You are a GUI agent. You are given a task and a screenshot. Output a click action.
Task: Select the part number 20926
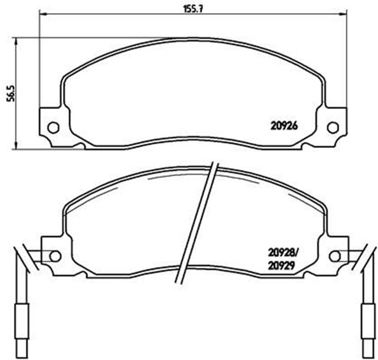point(283,125)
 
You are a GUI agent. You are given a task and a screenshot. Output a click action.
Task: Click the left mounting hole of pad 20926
point(53,127)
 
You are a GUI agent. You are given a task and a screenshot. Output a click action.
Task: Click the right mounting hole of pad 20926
point(333,127)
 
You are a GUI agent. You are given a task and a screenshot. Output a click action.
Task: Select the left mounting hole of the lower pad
point(55,256)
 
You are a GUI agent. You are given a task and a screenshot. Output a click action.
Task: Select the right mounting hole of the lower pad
point(334,256)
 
